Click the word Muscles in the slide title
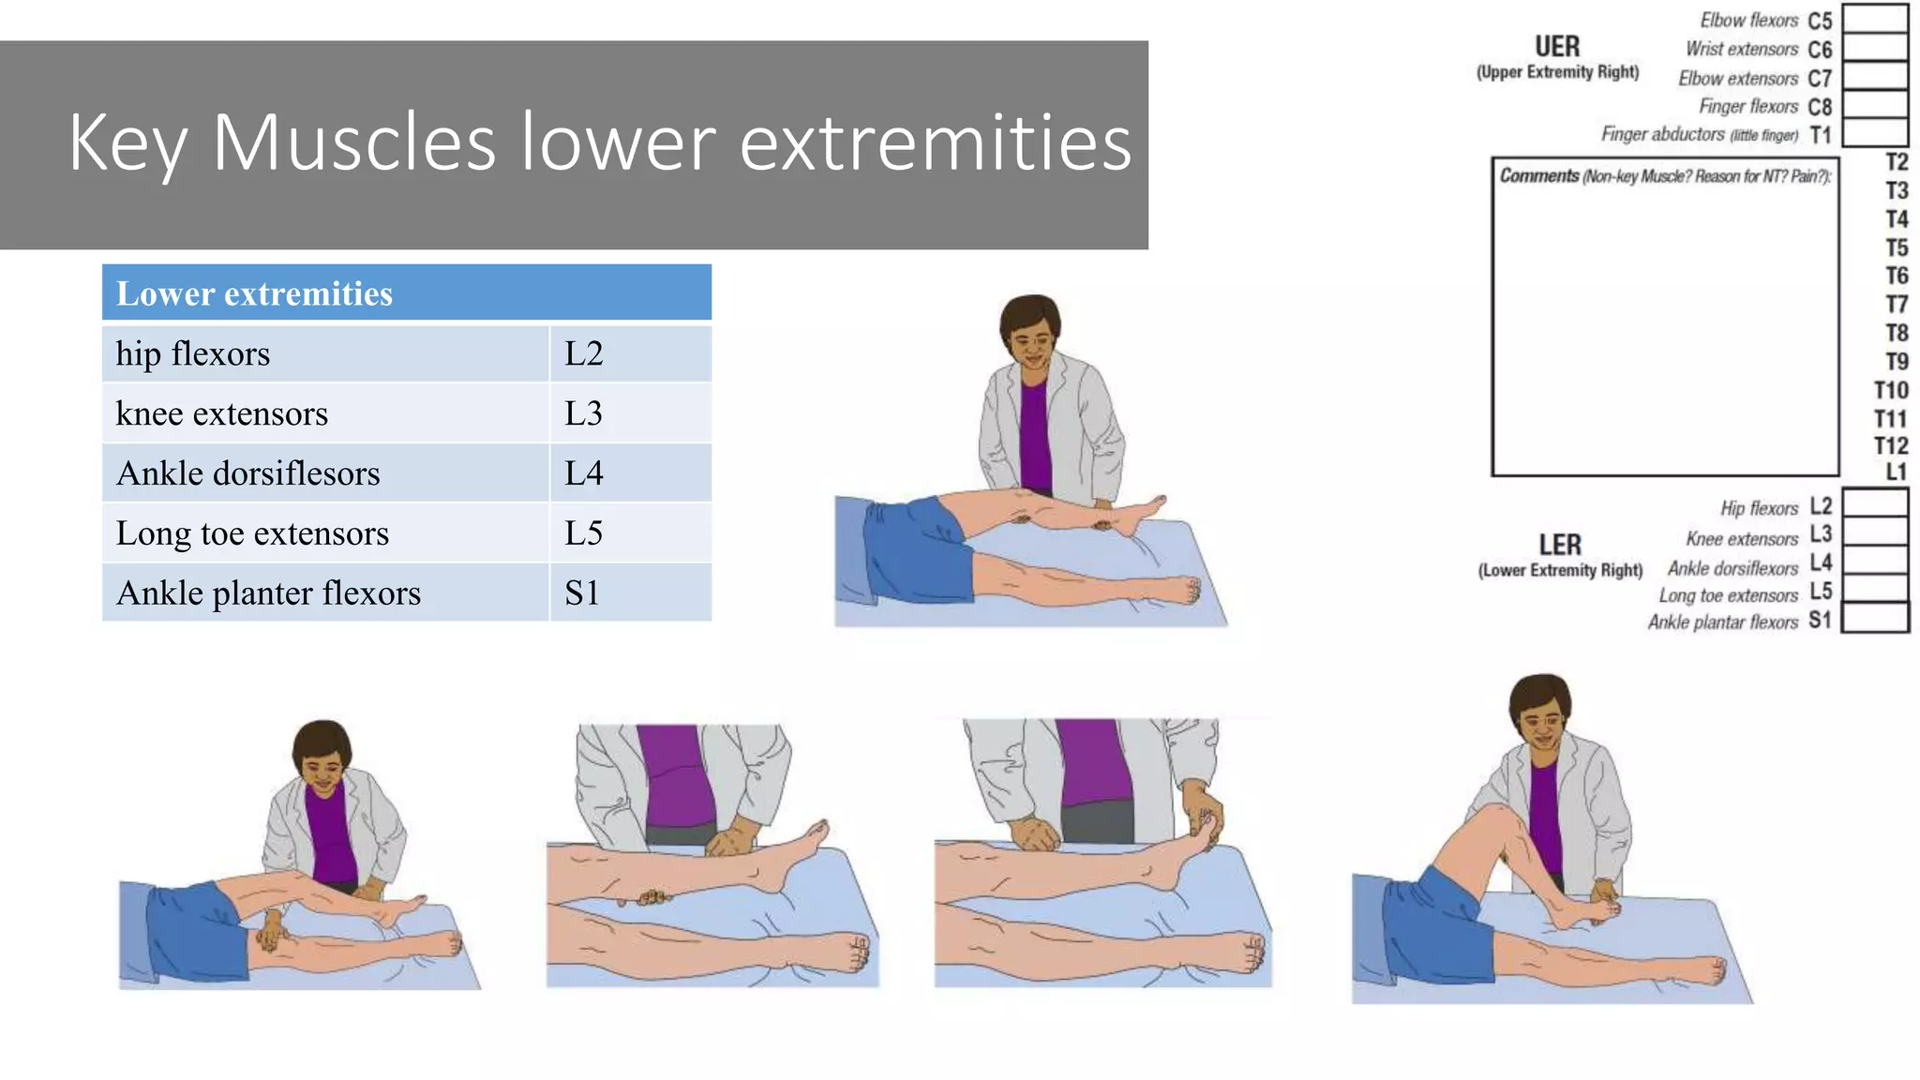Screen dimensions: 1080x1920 (353, 142)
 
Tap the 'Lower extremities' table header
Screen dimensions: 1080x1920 (254, 293)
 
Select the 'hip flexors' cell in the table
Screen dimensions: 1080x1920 (193, 354)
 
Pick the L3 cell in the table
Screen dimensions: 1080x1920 (583, 413)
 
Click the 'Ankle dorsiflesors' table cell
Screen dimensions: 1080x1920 (248, 473)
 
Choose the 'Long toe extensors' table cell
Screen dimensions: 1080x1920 (252, 533)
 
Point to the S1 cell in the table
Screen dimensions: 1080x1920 (582, 593)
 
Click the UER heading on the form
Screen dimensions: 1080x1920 (1557, 47)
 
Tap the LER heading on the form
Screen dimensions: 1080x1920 (1560, 545)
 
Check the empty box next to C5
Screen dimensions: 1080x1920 (1875, 19)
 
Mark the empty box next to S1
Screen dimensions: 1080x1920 (1875, 618)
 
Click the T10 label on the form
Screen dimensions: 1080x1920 (1891, 390)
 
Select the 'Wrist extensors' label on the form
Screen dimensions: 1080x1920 (1742, 49)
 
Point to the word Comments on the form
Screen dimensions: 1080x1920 (1539, 175)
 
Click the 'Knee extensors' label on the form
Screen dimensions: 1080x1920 (1742, 539)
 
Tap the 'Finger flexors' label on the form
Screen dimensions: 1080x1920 (1748, 107)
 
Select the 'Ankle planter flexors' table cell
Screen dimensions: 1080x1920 (268, 593)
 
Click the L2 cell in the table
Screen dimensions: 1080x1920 (583, 354)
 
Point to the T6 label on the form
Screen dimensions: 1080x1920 (1897, 276)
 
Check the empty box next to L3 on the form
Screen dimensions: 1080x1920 (1875, 532)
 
